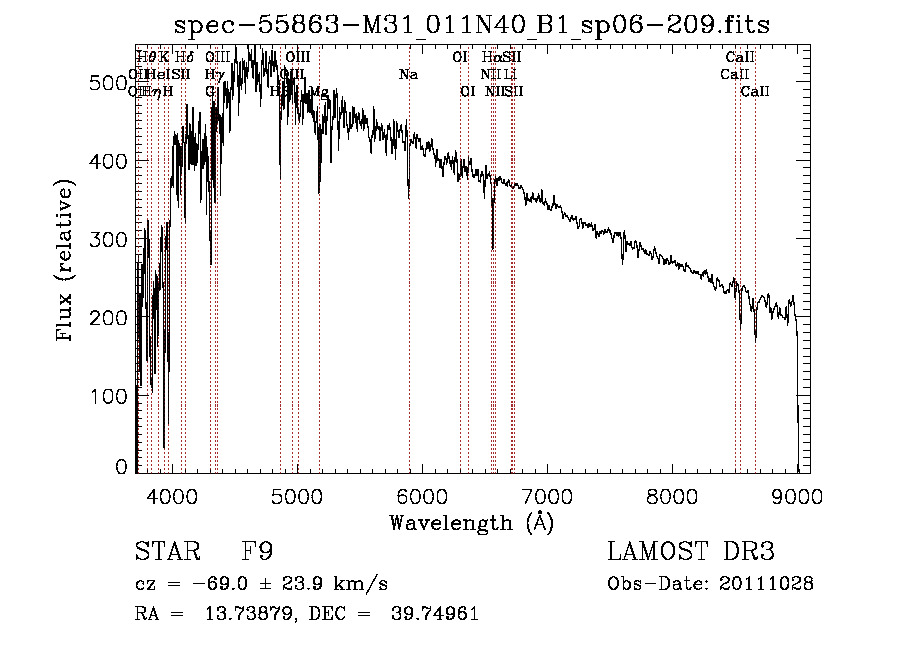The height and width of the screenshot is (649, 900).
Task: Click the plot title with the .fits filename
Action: (471, 25)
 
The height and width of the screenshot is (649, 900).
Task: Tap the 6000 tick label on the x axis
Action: (422, 495)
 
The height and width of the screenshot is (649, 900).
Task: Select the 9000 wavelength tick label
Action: (797, 495)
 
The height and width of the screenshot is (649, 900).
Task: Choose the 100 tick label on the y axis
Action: (110, 395)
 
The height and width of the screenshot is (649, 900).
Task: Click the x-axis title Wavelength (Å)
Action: (471, 522)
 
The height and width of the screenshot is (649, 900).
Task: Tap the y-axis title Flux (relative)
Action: (67, 262)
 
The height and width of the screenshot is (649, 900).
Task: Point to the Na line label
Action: (408, 75)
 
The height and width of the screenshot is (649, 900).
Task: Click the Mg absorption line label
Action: (319, 92)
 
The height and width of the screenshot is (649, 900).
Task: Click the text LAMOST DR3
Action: (691, 553)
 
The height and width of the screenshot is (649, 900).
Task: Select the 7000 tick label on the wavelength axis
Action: (547, 495)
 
